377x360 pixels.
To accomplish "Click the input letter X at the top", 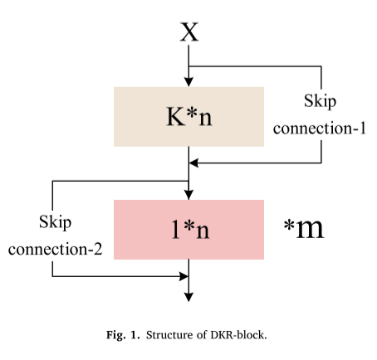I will tap(189, 32).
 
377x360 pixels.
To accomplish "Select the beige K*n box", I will tap(188, 115).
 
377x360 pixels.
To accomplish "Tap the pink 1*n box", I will tap(188, 229).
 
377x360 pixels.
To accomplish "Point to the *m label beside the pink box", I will tap(303, 228).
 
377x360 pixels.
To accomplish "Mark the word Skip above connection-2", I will tap(56, 222).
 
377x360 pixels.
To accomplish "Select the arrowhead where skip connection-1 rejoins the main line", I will tap(196, 162).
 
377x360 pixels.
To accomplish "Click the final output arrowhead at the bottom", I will tap(189, 294).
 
